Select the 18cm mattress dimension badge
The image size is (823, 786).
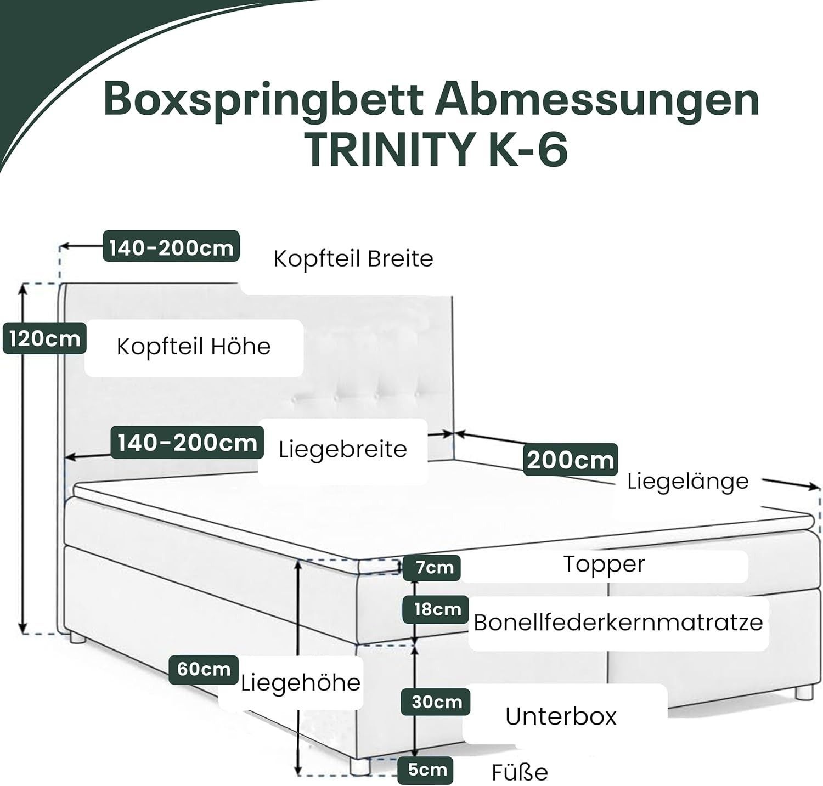click(x=437, y=609)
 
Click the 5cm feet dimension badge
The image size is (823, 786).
click(x=427, y=770)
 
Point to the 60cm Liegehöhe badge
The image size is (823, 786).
click(x=204, y=669)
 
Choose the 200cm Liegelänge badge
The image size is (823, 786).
click(x=571, y=460)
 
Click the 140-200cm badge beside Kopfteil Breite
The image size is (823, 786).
click(x=171, y=248)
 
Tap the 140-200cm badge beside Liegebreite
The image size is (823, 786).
click(x=187, y=443)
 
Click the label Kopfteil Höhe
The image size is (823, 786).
click(x=194, y=347)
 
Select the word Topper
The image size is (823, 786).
click(x=604, y=564)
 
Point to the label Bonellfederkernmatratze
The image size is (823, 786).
click(x=618, y=623)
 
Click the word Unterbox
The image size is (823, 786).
click(x=561, y=716)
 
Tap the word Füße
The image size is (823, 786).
click(x=520, y=772)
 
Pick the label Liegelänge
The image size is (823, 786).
click(x=688, y=482)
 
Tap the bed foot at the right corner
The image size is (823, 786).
click(x=804, y=692)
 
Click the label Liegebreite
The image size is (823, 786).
click(x=343, y=449)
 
